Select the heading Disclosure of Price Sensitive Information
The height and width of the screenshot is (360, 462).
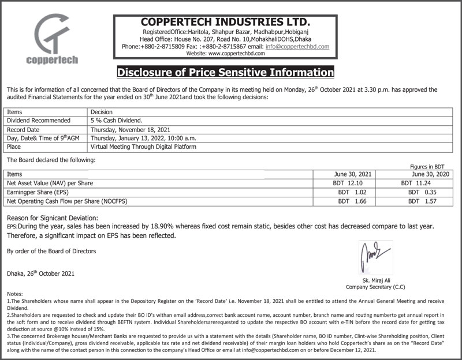(225, 73)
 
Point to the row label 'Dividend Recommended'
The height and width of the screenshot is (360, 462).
(38, 121)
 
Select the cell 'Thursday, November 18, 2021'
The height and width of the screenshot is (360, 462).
(131, 130)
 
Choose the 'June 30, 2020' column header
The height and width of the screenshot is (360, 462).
(429, 174)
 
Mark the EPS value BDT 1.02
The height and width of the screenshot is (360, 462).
(352, 192)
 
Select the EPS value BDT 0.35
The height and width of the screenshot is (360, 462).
(421, 192)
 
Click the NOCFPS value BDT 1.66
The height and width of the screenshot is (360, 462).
(352, 201)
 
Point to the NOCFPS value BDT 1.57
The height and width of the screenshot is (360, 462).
(421, 201)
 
